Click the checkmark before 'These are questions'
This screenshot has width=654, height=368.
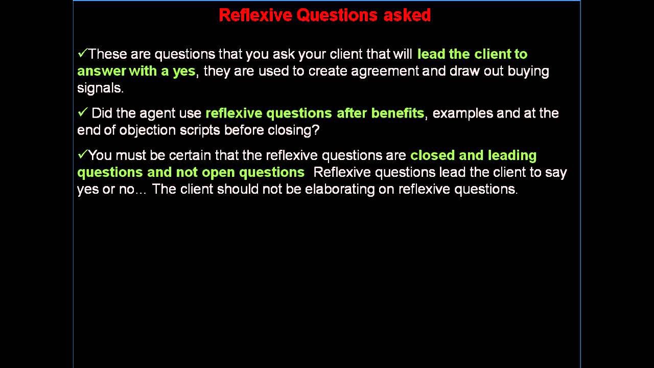pyautogui.click(x=82, y=53)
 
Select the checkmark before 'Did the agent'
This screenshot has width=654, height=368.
pyautogui.click(x=82, y=112)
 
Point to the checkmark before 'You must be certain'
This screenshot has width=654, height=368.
pyautogui.click(x=82, y=154)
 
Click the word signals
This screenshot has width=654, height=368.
pyautogui.click(x=100, y=88)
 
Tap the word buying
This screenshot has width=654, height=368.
pyautogui.click(x=528, y=71)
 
